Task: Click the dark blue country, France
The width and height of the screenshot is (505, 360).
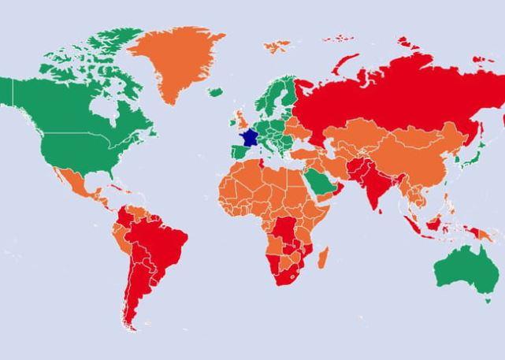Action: tap(249, 138)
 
